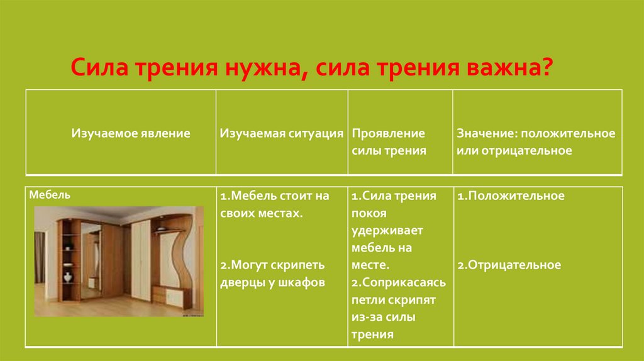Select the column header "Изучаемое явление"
(x=131, y=134)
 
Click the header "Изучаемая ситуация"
(x=282, y=134)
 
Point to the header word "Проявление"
(x=388, y=134)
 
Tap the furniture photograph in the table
(x=119, y=260)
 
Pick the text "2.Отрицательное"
(x=509, y=265)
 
